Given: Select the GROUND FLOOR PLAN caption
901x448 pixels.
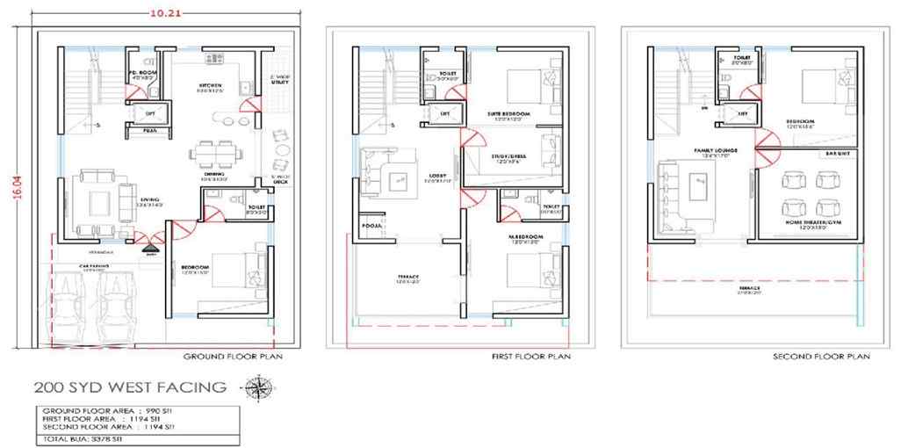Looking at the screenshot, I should tap(233, 358).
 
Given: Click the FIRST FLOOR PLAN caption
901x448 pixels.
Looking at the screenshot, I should tap(530, 358).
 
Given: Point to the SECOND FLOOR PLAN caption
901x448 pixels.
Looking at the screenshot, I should tap(821, 358).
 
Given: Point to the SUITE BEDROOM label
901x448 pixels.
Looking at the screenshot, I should tap(509, 114).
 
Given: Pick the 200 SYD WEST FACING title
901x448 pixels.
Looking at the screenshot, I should tap(129, 387).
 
